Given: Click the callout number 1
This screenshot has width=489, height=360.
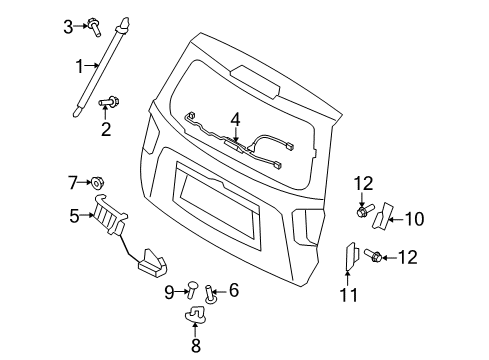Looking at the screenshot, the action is coord(79,66).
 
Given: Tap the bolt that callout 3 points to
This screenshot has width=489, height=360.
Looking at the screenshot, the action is coord(94,28).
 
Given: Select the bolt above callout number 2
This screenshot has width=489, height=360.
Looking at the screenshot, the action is coord(109,101).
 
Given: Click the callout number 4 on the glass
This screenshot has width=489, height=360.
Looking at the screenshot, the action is coord(235,120).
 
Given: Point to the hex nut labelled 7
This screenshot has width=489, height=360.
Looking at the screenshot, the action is coord(97,182).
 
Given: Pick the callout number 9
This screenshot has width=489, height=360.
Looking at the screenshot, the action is coord(169,293).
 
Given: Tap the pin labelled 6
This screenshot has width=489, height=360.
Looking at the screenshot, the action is coord(210,294).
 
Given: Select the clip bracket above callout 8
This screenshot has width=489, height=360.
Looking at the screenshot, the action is coord(196,315).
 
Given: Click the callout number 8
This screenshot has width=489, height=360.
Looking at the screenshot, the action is coord(196,345).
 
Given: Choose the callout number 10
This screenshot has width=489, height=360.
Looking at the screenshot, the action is coord(414,219).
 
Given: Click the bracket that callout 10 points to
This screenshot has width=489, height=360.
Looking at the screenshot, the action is coord(383,216).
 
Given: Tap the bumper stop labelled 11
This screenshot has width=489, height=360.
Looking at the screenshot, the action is coord(352,256).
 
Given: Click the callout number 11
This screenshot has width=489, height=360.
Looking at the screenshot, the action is coord(348,295).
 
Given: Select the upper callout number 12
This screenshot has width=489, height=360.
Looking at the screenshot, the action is coord(363,184).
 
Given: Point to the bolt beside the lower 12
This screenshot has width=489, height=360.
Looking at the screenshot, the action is coord(374,255).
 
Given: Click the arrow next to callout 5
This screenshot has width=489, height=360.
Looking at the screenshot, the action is coord(87,215).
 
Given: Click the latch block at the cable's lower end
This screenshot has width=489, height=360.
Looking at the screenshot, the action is coord(152,263).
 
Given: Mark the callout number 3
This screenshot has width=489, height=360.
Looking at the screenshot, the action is coord(68,27).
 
